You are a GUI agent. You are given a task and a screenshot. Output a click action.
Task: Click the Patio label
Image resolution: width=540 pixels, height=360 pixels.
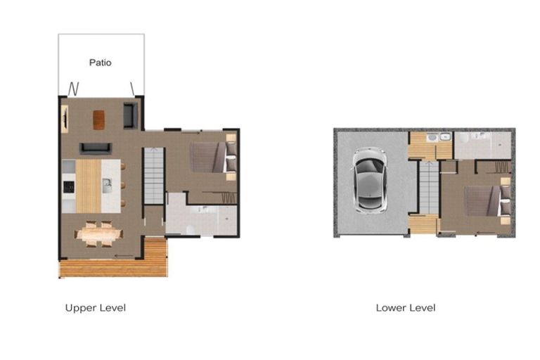100,63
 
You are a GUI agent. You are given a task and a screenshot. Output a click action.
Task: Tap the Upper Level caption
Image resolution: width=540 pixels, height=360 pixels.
95,308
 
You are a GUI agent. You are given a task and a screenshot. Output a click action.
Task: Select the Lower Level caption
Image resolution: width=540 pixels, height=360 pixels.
405,308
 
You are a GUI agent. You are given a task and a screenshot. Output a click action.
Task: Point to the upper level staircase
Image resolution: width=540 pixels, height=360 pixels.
154,176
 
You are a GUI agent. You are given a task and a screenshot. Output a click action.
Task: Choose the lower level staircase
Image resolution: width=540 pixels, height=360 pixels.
428,187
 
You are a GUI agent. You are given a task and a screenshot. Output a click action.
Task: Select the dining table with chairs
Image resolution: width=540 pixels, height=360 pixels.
98,233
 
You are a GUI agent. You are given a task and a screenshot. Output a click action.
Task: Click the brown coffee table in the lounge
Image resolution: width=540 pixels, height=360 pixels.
98,120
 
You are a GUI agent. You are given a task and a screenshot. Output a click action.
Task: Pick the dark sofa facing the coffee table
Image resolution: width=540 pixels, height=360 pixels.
94,148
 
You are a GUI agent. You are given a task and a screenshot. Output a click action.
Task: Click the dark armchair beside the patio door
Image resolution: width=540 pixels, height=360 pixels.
130,115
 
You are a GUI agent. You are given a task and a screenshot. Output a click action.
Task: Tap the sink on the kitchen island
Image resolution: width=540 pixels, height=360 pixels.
107,186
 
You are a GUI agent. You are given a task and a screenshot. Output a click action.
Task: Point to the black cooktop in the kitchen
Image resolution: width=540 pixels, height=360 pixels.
69,186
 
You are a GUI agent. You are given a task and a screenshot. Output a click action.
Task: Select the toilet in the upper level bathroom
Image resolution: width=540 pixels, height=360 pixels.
191,229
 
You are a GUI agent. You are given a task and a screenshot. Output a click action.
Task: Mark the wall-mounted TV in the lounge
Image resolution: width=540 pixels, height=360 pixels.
65,118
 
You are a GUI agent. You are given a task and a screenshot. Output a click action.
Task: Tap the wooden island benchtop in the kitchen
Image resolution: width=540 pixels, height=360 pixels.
89,186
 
